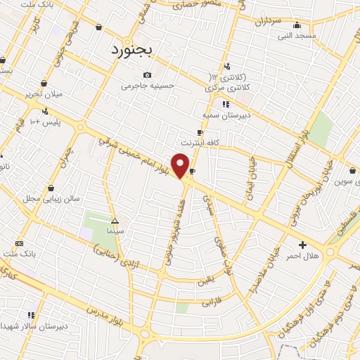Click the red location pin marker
coord(181,165)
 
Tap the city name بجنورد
coord(136,50)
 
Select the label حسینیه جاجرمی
coord(147,86)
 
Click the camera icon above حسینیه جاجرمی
coord(147,75)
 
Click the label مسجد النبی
coord(297,35)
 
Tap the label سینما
coord(115,230)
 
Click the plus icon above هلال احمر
coord(302,245)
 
